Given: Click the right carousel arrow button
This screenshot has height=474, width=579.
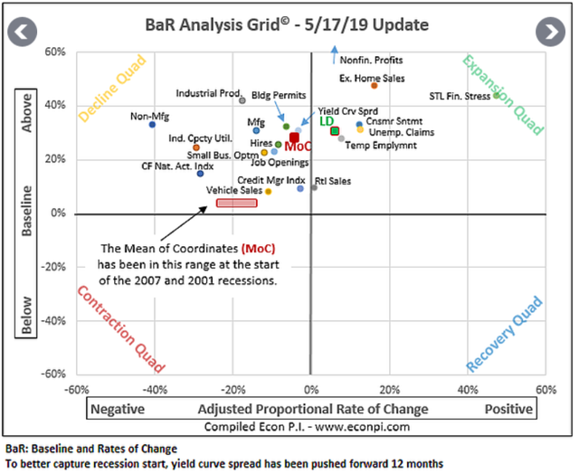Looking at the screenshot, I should pyautogui.click(x=550, y=32).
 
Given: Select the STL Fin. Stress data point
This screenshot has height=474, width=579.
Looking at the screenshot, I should pyautogui.click(x=496, y=95).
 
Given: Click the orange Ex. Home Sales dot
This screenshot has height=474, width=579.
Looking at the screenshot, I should pyautogui.click(x=375, y=86).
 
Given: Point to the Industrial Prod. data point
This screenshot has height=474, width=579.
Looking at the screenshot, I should pyautogui.click(x=242, y=100).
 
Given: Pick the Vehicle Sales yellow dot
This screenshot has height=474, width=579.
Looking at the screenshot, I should pyautogui.click(x=269, y=191).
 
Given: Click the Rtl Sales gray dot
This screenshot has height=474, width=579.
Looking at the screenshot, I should pyautogui.click(x=315, y=187).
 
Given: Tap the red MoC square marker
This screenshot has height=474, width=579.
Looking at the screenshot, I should pyautogui.click(x=295, y=137).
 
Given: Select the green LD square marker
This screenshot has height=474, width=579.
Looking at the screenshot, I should pyautogui.click(x=335, y=130).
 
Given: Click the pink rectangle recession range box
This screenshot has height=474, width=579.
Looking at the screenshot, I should pyautogui.click(x=237, y=203).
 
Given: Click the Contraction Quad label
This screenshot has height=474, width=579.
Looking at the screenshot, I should pyautogui.click(x=120, y=330).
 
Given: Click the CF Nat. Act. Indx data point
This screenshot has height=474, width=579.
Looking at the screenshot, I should pyautogui.click(x=200, y=174).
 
